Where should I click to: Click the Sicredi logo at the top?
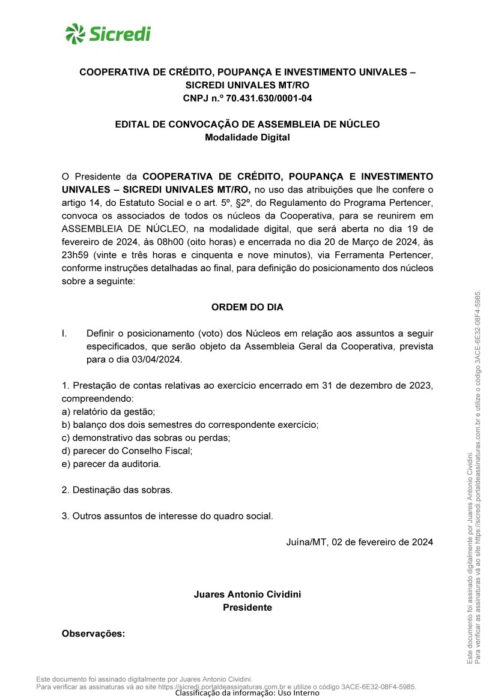pos(108,33)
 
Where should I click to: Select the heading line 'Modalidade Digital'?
pos(247,137)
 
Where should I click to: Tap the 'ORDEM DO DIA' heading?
pos(247,307)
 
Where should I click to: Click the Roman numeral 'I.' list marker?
pos(65,333)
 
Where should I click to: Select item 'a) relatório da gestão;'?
pos(109,412)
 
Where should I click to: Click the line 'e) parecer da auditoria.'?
pos(111,464)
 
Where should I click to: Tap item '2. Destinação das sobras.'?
pos(117,490)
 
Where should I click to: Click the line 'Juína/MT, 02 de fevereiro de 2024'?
pos(359,542)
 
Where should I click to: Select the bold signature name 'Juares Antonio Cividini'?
pos(247,594)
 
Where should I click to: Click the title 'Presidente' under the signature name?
pos(247,607)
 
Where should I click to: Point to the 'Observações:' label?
pos(93,634)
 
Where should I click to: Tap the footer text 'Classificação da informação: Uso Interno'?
pos(247,693)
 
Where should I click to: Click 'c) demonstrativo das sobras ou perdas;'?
pos(146,438)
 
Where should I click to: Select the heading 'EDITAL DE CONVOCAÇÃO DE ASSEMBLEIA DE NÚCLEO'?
pos(247,124)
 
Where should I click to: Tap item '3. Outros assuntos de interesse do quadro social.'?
pos(168,516)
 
